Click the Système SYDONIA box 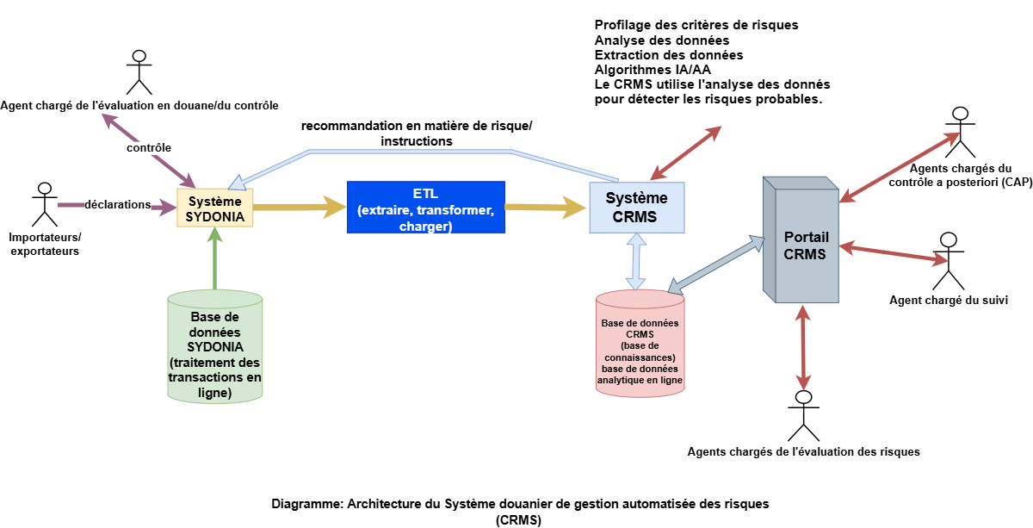tap(215, 208)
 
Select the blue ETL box tap(425, 207)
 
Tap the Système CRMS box tap(636, 207)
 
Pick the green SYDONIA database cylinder tap(214, 347)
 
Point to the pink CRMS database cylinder tap(640, 344)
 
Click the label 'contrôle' tap(149, 148)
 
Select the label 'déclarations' tap(118, 205)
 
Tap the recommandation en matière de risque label tap(417, 134)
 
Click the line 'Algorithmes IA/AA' tap(653, 70)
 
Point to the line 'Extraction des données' tap(668, 55)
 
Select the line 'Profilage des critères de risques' tap(696, 25)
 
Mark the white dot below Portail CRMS tap(803, 397)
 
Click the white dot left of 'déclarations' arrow tap(45, 189)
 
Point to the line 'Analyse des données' tap(661, 40)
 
